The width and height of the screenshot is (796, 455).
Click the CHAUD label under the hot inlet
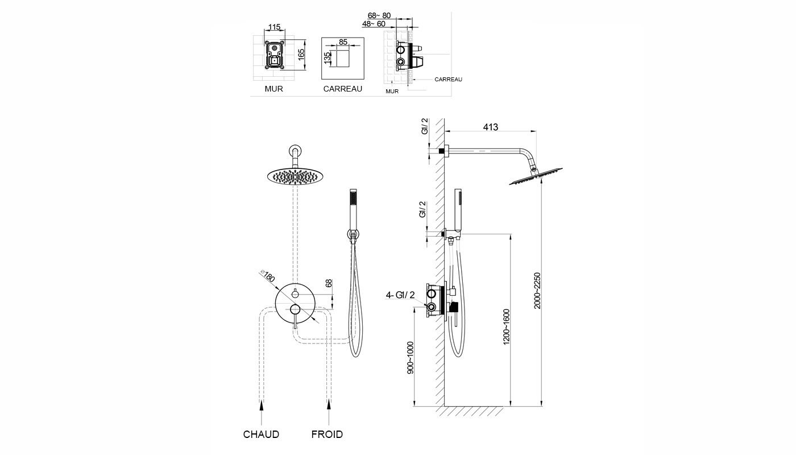pyautogui.click(x=261, y=435)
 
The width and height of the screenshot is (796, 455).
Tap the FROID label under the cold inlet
pyautogui.click(x=327, y=435)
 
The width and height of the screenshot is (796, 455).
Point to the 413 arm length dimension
pyautogui.click(x=490, y=127)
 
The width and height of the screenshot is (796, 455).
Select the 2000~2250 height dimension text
pyautogui.click(x=537, y=290)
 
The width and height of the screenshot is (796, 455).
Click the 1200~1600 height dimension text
pyautogui.click(x=507, y=326)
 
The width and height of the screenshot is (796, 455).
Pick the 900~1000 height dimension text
pyautogui.click(x=411, y=357)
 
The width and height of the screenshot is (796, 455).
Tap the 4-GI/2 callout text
pyautogui.click(x=400, y=295)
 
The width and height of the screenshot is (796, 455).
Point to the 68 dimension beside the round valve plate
pyautogui.click(x=328, y=283)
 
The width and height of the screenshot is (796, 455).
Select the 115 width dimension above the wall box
pyautogui.click(x=275, y=27)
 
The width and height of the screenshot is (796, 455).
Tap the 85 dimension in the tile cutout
pyautogui.click(x=343, y=42)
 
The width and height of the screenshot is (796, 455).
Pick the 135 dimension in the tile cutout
pyautogui.click(x=327, y=58)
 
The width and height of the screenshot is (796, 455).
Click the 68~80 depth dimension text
pyautogui.click(x=379, y=15)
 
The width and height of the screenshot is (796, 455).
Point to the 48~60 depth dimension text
pyautogui.click(x=374, y=24)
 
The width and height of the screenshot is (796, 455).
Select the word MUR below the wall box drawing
pyautogui.click(x=273, y=89)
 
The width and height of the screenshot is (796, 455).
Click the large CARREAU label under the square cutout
pyautogui.click(x=342, y=89)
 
